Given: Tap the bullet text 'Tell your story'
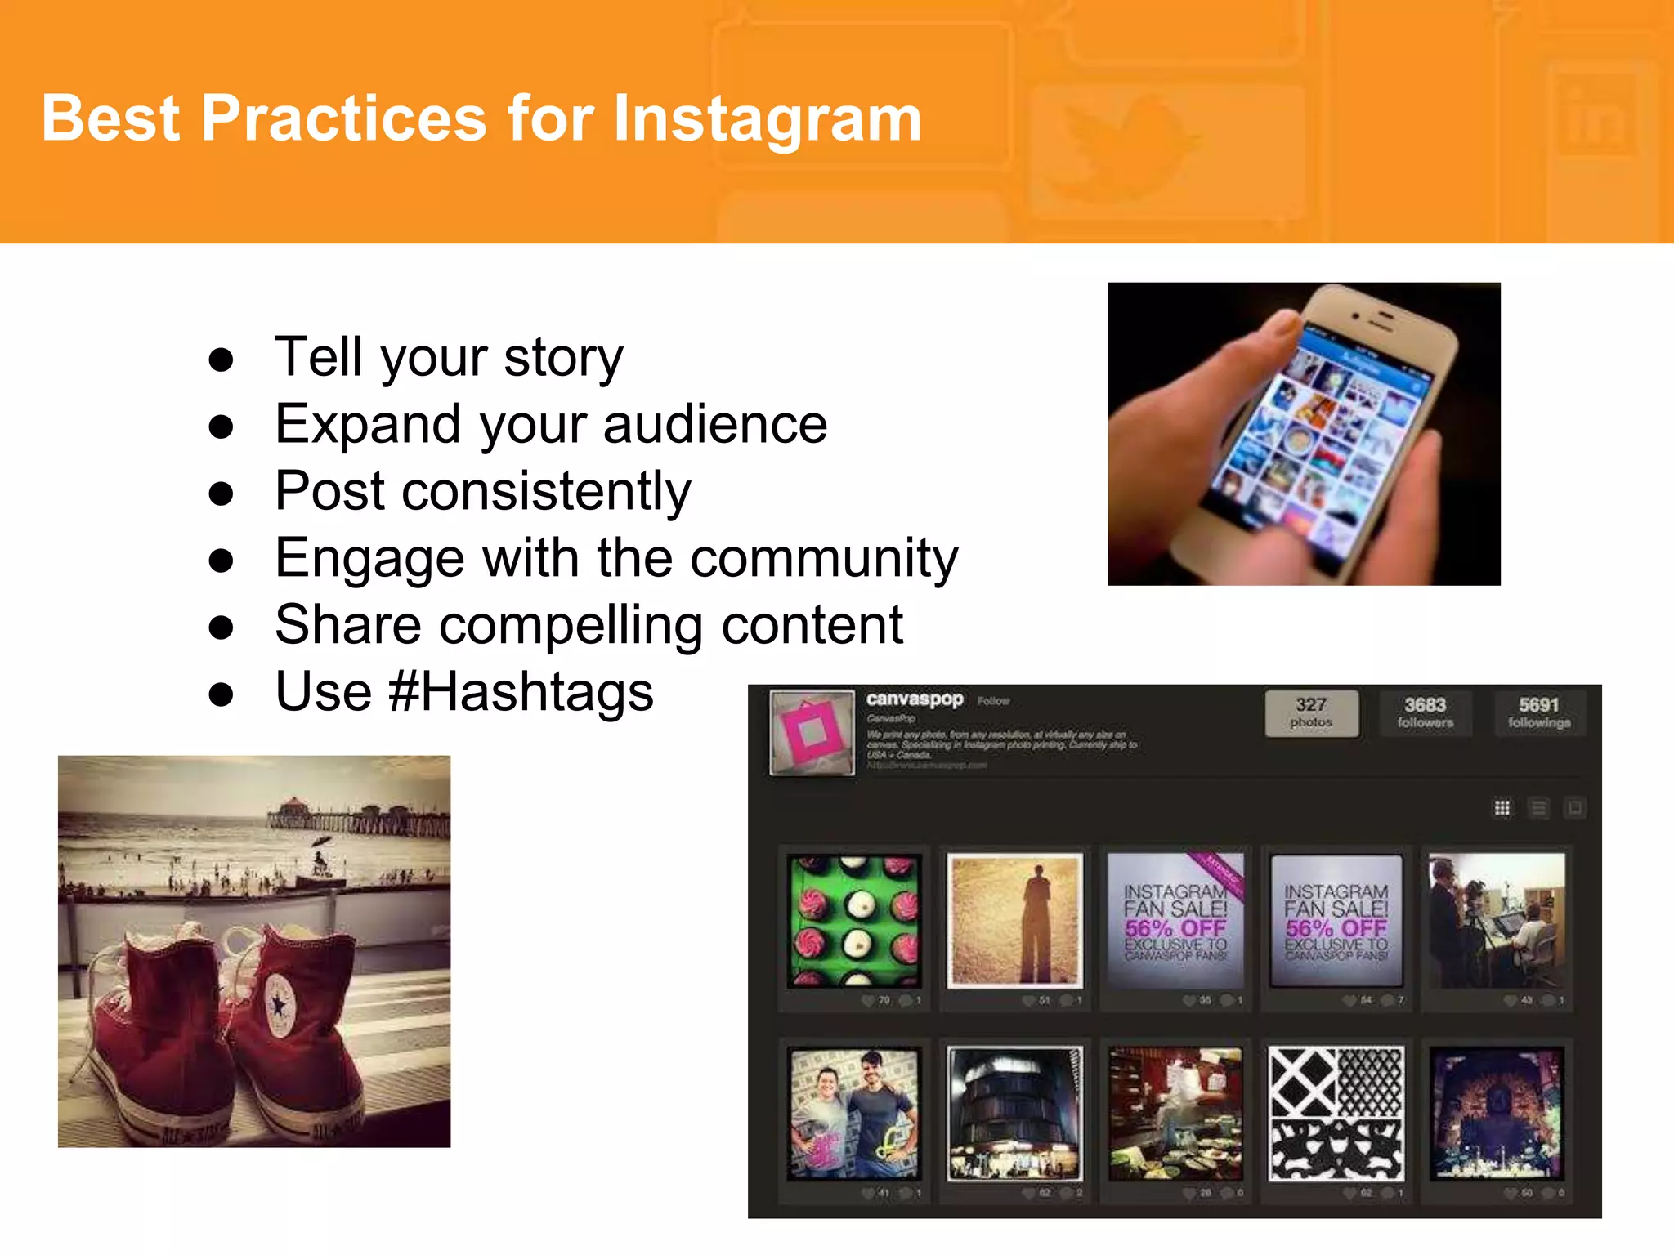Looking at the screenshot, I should [449, 357].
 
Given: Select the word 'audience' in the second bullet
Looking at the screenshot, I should [715, 424].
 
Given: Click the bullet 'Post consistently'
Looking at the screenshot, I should [482, 491].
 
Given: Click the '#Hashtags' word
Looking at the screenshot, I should [521, 692].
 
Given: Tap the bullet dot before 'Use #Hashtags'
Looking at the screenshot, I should [221, 694].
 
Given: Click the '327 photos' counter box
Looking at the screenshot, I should [1311, 713].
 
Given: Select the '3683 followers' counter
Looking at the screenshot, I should [1425, 713].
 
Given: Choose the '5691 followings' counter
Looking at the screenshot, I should [1539, 713].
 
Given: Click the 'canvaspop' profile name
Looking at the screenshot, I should [914, 699].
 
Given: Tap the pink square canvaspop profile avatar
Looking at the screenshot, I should [812, 733].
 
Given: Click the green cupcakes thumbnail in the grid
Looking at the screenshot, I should [853, 921].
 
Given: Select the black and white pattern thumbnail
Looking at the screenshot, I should [1336, 1113].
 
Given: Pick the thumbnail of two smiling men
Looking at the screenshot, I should [853, 1113].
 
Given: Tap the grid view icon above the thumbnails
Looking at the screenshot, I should [1502, 808].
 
